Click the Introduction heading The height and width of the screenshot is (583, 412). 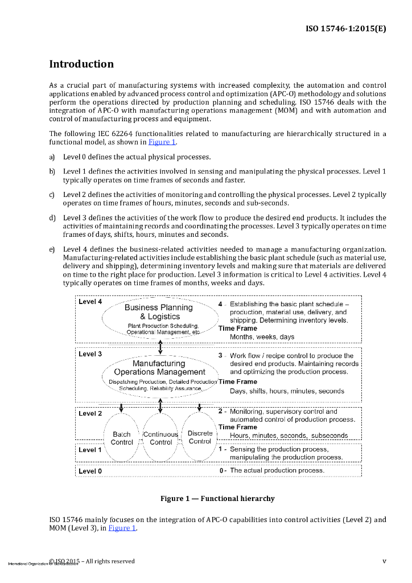coord(81,64)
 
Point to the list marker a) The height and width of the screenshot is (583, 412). coord(52,157)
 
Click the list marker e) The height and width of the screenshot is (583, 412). coord(52,249)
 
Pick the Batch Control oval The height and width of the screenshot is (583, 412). coord(122,437)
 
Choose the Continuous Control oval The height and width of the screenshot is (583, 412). coord(160,437)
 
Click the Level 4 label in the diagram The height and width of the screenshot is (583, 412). coord(90,302)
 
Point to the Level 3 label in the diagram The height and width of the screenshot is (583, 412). coord(90,354)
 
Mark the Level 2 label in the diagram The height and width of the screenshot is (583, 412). coord(90,413)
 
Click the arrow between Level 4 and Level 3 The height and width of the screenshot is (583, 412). coord(160,345)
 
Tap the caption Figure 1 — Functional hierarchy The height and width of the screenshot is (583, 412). coord(217,499)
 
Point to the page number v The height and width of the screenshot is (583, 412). coord(384,561)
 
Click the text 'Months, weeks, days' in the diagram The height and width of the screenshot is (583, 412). coord(262,337)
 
